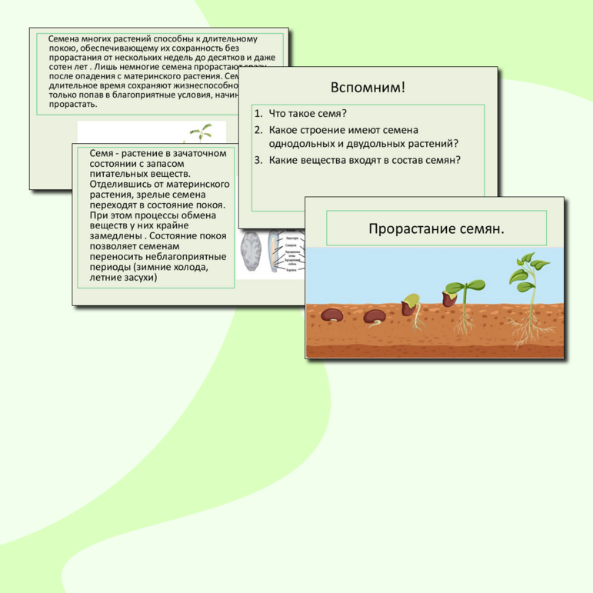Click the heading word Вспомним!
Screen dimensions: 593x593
click(367, 86)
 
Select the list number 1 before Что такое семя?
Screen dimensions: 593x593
click(258, 113)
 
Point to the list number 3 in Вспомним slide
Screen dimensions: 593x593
click(258, 160)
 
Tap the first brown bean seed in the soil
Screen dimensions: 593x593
click(332, 315)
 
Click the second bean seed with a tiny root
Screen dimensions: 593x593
click(375, 315)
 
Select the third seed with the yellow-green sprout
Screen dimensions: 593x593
click(412, 302)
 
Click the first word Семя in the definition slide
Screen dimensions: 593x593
click(102, 153)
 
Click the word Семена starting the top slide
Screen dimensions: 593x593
click(64, 38)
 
